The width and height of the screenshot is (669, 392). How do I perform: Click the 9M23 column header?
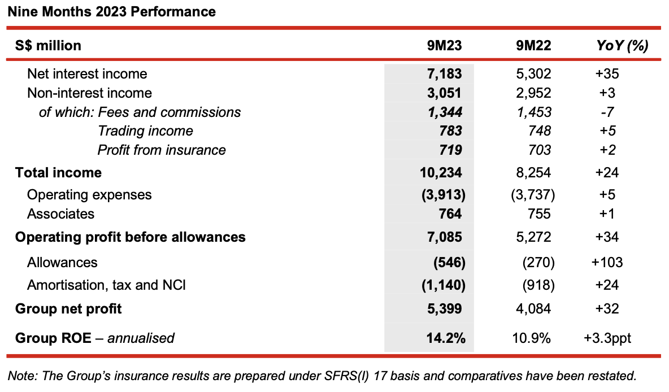click(444, 45)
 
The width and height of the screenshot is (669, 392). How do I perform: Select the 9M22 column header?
click(533, 45)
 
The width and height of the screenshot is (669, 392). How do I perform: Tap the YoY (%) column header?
click(622, 46)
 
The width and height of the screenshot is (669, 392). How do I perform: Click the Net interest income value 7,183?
click(444, 74)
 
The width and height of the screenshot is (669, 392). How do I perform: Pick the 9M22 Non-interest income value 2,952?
click(533, 93)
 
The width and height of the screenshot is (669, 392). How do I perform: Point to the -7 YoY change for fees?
click(607, 112)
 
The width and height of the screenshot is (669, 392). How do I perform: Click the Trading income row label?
click(145, 131)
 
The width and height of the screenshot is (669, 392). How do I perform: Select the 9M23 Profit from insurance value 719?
click(450, 150)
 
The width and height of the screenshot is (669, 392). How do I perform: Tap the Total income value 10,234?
click(441, 172)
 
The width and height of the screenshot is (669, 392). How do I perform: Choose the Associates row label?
click(60, 214)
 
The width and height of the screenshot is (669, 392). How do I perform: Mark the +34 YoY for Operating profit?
click(607, 237)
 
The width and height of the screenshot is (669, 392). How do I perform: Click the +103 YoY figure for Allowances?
click(607, 262)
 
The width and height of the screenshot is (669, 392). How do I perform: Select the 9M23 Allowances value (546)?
click(449, 262)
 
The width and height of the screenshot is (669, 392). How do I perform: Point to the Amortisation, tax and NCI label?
click(107, 285)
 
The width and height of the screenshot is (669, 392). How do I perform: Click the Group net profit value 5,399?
click(444, 308)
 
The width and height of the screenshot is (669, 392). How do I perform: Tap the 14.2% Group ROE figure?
click(446, 338)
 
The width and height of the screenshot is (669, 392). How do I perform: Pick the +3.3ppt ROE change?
click(607, 338)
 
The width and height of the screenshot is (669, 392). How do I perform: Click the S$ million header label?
click(48, 46)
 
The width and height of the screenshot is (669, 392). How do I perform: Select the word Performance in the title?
click(173, 11)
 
